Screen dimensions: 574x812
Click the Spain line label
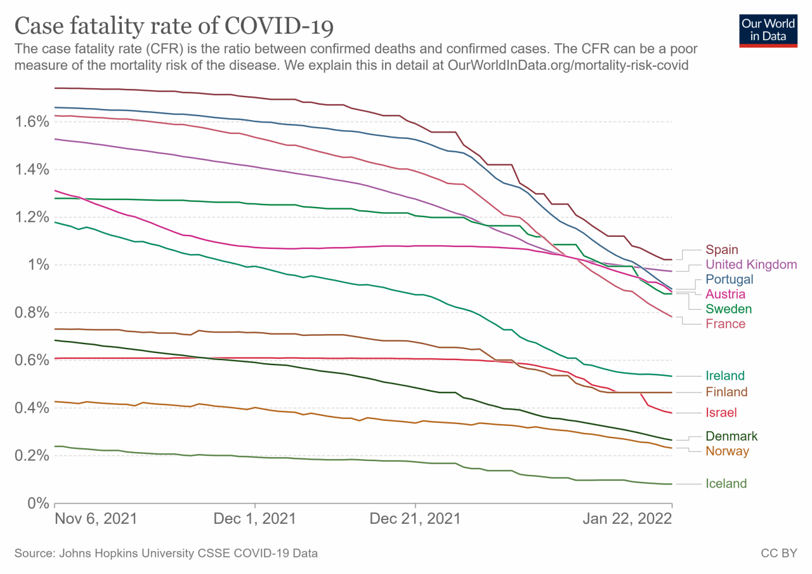point(722,250)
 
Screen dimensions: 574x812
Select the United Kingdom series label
point(751,265)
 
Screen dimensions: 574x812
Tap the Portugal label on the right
point(729,279)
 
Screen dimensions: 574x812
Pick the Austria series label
point(725,294)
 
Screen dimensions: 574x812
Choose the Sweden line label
point(728,309)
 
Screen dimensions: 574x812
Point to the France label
point(725,324)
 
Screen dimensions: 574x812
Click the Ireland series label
point(725,376)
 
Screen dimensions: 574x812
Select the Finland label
point(726,392)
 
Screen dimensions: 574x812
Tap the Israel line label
point(721,413)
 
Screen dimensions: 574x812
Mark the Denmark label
point(731,436)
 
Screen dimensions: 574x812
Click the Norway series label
point(727,451)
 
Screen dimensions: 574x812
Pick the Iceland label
point(726,484)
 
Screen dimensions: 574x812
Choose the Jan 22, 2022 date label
point(627,519)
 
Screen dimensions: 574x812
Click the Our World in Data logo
point(768,30)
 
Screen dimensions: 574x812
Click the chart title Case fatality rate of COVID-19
point(174,27)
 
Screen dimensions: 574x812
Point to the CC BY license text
point(778,554)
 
